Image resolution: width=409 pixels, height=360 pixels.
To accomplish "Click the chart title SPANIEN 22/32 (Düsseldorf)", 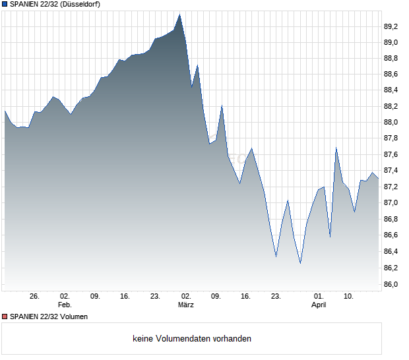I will point(57,4).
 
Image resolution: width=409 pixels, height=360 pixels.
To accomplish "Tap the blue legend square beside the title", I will point(5,4).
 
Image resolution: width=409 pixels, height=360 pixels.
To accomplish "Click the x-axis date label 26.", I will point(35,297).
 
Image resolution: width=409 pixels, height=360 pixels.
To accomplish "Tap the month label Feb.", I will point(64,305).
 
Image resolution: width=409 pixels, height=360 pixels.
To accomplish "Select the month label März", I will point(185,305).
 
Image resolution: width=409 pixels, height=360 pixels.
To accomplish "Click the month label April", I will point(319,305).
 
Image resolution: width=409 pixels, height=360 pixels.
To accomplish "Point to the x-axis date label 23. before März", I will point(155,297).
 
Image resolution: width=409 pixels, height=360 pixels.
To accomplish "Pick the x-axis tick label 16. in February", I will point(125,297).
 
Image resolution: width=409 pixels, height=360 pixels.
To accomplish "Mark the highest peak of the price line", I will point(179,15).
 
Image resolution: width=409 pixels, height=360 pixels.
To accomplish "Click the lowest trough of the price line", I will point(300,263).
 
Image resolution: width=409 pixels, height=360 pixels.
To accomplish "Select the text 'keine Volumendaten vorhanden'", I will point(192,339).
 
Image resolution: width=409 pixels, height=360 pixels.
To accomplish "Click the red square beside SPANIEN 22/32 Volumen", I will point(5,316).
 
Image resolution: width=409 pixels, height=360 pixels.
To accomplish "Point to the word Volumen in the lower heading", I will point(74,316).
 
